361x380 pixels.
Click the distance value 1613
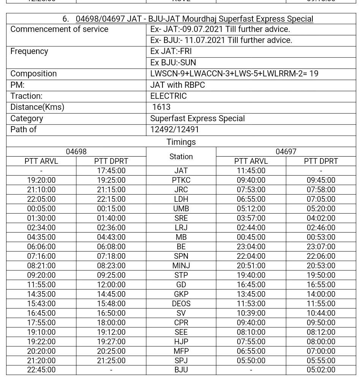pyautogui.click(x=161, y=107)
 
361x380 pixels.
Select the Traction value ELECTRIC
pyautogui.click(x=168, y=96)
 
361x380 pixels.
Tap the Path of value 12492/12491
pyautogui.click(x=175, y=130)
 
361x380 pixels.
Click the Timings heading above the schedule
pyautogui.click(x=181, y=142)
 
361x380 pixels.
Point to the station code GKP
pyautogui.click(x=181, y=294)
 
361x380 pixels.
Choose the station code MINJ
pyautogui.click(x=181, y=266)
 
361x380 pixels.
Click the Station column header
pyautogui.click(x=181, y=157)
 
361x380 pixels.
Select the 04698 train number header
pyautogui.click(x=76, y=152)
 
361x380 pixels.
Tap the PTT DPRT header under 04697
pyautogui.click(x=321, y=161)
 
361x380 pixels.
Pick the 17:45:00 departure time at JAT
pyautogui.click(x=111, y=171)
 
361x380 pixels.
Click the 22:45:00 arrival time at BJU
pyautogui.click(x=41, y=370)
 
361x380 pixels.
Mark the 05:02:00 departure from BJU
pyautogui.click(x=321, y=370)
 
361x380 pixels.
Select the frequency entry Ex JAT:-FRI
pyautogui.click(x=171, y=51)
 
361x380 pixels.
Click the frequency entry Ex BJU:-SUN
pyautogui.click(x=173, y=63)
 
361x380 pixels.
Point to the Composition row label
pyautogui.click(x=33, y=74)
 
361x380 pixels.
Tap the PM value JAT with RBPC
pyautogui.click(x=177, y=85)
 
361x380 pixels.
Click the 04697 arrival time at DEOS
pyautogui.click(x=251, y=304)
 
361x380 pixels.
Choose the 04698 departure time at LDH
pyautogui.click(x=111, y=199)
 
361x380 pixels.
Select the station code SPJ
pyautogui.click(x=181, y=361)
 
